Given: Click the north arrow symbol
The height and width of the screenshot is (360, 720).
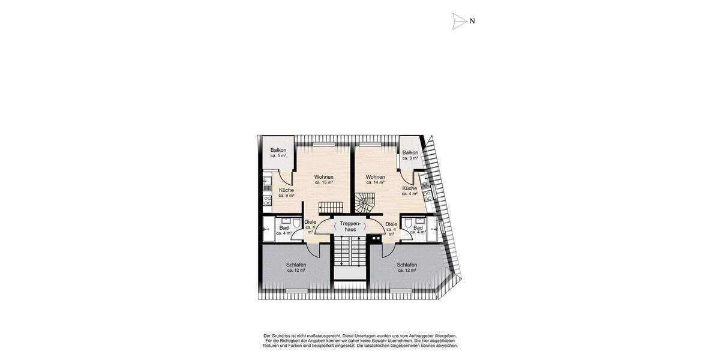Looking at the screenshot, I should pos(459,21).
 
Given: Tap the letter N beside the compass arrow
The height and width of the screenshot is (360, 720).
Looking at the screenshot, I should pos(472,21).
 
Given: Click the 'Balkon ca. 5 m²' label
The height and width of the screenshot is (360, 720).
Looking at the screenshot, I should pos(278,152).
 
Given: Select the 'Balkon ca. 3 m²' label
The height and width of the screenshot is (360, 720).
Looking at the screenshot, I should pos(410,155).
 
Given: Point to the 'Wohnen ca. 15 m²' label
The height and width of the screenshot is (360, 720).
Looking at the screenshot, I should pos(324,179).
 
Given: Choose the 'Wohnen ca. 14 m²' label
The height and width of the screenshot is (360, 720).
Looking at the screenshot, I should pos(375,179).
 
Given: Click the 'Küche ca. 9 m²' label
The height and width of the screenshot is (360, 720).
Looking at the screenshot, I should pos(286,193).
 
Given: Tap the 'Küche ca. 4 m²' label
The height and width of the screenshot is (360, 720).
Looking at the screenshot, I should pos(410,190).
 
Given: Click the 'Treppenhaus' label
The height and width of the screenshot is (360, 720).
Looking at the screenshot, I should pos(349,226).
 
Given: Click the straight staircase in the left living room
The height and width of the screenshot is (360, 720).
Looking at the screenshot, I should pos(330,207).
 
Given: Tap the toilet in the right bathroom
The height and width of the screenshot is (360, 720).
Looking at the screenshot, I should pos(408,224).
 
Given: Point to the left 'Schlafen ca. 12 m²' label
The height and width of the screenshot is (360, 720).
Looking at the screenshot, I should pos(296,268).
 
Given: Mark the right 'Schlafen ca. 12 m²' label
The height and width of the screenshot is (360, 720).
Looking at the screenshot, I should pos(406,267).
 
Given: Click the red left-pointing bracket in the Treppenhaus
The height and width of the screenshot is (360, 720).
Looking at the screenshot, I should pos(335,226).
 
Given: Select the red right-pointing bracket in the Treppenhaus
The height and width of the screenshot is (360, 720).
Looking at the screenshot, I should pos(364,226).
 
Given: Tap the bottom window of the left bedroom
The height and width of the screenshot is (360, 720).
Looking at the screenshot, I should pos(296,291).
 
